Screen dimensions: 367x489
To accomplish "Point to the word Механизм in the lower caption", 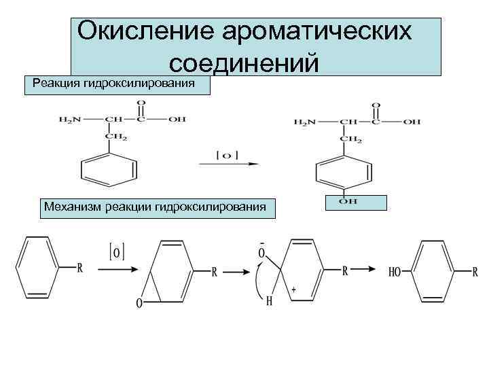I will [x=74, y=205].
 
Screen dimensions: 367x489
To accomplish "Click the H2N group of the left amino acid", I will [x=70, y=120].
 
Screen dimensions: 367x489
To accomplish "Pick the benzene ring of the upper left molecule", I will [x=109, y=171].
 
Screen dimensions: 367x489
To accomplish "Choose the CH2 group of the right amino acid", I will [x=351, y=139].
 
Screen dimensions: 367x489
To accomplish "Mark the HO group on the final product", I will [x=394, y=273].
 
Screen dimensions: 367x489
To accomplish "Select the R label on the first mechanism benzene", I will [x=80, y=268].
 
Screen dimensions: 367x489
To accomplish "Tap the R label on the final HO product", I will [x=475, y=273].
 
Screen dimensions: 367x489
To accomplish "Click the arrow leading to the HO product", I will [x=360, y=270].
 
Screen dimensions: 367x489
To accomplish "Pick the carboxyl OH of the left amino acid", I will [x=177, y=120].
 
